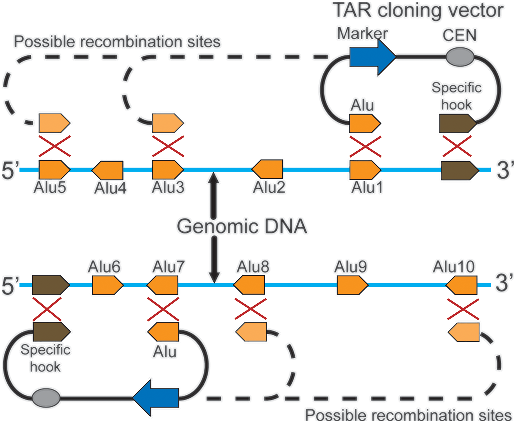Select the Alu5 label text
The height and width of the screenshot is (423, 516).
50,188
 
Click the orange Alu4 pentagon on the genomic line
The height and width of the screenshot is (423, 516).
108,170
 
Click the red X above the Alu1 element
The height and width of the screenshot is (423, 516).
365,147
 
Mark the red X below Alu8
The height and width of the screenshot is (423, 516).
251,309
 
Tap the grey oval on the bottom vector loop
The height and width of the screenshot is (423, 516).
46,398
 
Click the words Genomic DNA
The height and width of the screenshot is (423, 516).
242,226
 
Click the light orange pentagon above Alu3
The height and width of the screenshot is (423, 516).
167,123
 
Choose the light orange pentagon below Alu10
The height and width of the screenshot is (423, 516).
464,332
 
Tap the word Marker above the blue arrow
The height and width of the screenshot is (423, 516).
362,34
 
